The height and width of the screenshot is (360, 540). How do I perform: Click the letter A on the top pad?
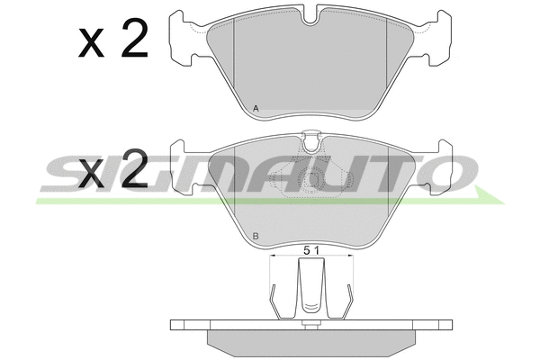256,109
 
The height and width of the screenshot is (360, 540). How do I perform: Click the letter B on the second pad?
256,237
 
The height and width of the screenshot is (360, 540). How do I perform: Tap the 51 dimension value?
311,250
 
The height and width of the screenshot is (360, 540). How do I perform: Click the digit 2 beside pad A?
134,38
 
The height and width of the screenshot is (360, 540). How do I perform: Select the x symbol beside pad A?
91,42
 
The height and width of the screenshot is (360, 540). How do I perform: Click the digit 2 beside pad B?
134,169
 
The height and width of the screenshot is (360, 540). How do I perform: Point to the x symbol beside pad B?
91,174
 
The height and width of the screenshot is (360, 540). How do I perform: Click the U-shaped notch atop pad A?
311,15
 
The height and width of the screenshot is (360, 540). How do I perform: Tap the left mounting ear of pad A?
182,38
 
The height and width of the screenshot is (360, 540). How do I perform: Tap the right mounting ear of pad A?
438,38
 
